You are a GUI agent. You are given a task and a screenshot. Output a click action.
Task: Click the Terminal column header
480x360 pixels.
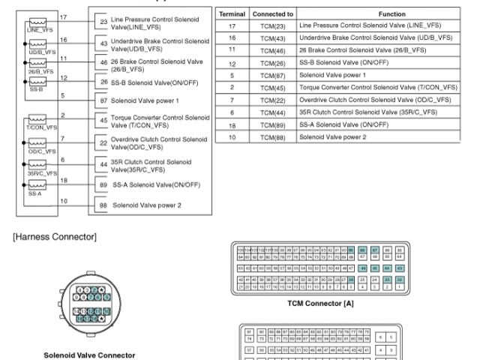(232, 14)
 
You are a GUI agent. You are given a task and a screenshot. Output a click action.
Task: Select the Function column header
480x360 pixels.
(382, 14)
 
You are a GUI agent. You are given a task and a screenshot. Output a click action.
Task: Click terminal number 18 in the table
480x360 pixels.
(232, 125)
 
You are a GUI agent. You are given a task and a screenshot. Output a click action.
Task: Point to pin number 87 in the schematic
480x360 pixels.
(103, 99)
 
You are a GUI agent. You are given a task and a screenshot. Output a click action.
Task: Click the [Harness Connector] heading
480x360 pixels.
(54, 238)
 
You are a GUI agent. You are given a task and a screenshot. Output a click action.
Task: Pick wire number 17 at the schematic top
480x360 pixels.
(63, 16)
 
